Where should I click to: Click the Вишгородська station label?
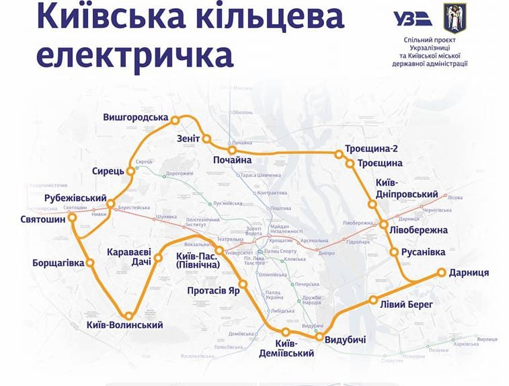click(135, 118)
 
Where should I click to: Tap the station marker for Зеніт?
click(206, 139)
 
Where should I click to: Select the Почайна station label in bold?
click(232, 160)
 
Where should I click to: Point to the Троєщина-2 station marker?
click(340, 154)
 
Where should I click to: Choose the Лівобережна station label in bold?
click(418, 230)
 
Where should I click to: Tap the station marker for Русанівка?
click(395, 252)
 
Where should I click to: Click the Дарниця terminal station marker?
click(442, 272)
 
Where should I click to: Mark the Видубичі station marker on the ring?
click(320, 336)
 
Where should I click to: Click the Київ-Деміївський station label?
click(286, 348)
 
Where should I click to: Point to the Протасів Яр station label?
click(214, 291)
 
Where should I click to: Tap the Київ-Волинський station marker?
click(128, 315)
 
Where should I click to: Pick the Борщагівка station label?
click(58, 263)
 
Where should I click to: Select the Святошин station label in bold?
click(43, 219)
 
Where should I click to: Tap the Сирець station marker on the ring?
click(131, 171)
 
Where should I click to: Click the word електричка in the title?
click(134, 56)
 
